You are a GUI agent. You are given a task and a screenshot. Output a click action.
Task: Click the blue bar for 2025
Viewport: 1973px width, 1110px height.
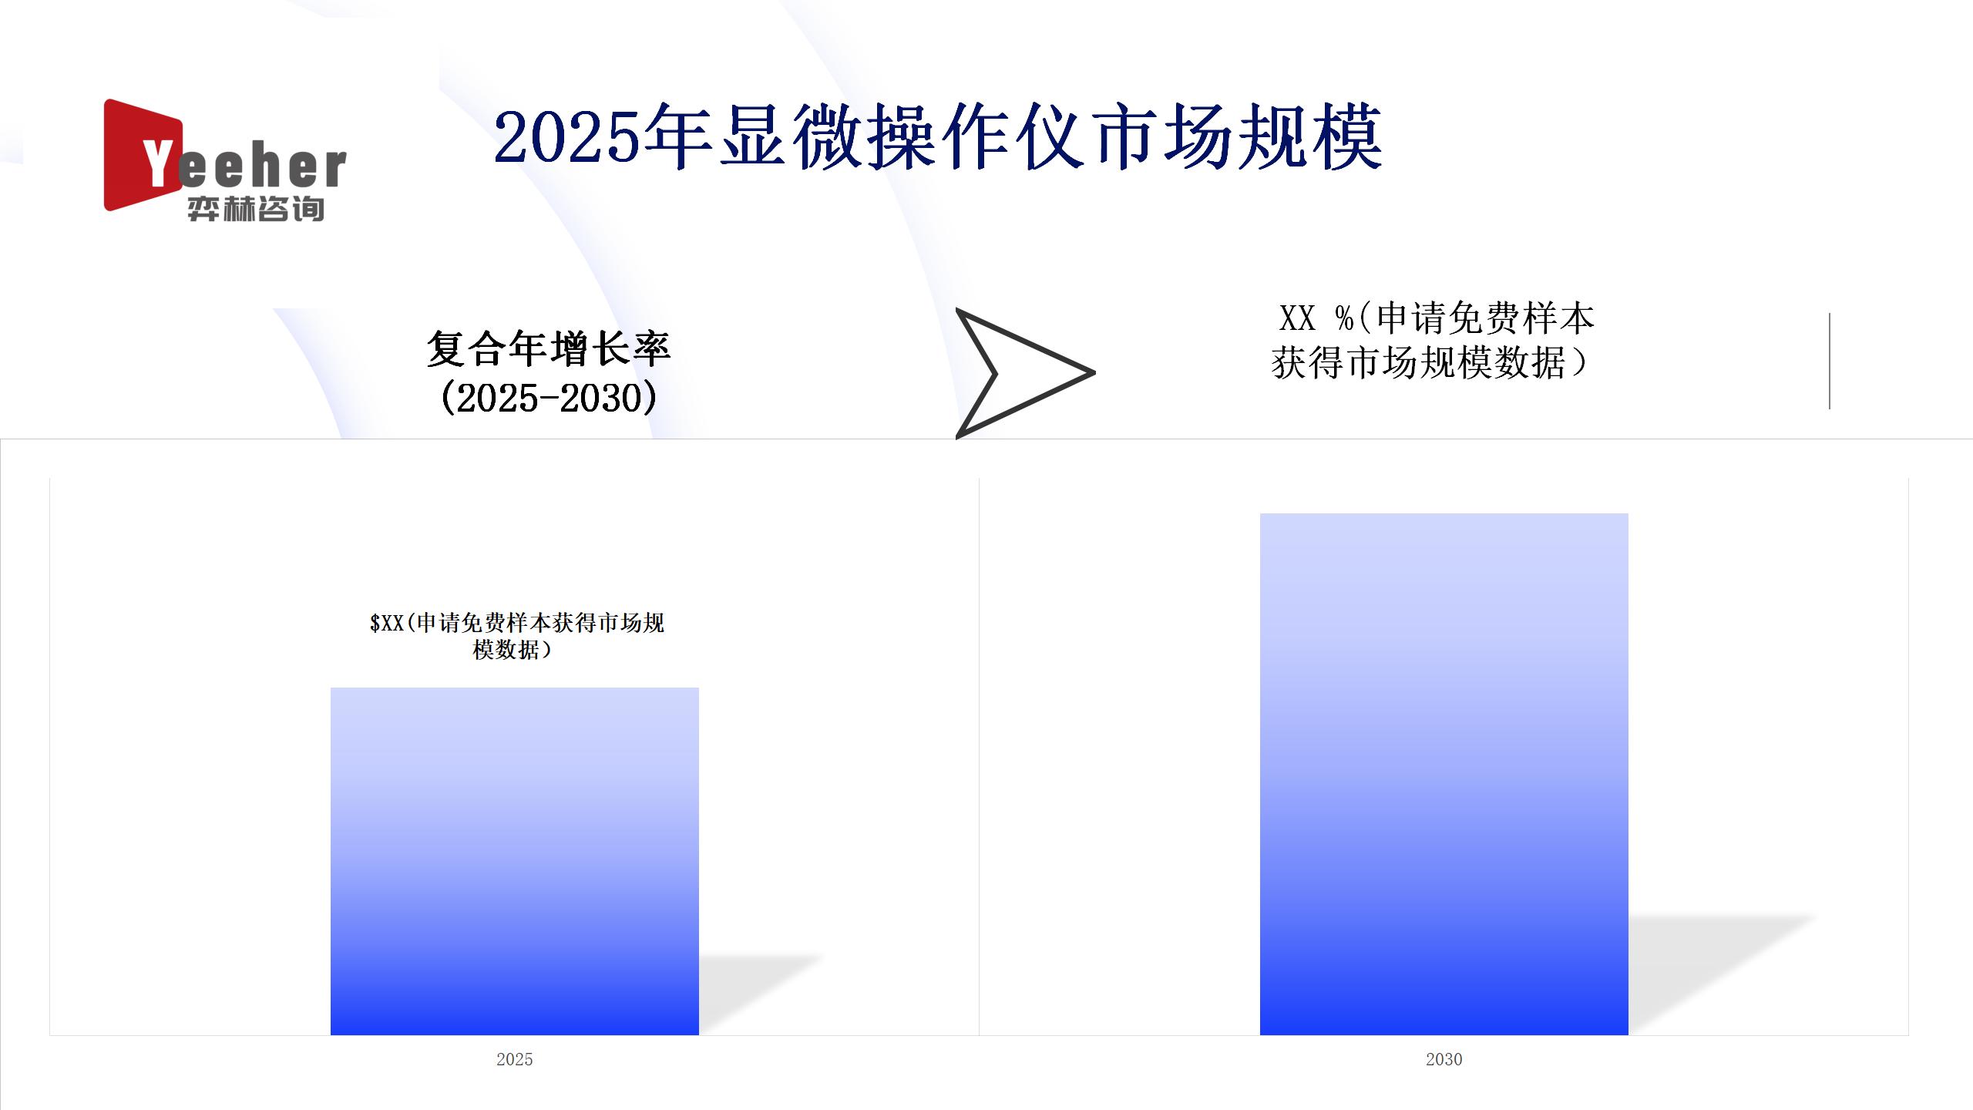[x=515, y=861]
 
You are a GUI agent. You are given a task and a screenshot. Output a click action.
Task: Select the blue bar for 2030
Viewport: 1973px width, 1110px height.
[x=1444, y=774]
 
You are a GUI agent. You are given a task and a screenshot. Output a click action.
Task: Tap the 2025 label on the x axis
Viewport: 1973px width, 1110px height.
[x=515, y=1059]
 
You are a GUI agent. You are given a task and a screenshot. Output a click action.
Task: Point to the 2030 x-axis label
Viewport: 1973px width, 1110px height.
[x=1444, y=1059]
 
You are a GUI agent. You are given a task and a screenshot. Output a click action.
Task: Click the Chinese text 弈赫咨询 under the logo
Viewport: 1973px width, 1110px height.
[x=256, y=209]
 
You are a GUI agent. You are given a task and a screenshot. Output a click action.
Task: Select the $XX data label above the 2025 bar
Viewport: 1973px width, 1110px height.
[x=516, y=636]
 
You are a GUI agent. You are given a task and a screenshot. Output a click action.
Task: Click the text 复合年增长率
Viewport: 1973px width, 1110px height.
[x=549, y=349]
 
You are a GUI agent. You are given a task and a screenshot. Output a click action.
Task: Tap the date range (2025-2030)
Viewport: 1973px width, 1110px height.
[x=549, y=398]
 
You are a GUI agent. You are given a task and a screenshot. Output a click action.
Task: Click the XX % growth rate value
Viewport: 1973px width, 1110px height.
[x=1316, y=318]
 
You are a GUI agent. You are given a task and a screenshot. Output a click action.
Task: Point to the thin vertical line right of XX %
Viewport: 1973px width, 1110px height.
[x=1829, y=361]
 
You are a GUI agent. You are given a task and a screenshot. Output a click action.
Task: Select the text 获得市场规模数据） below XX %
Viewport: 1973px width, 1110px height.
[x=1430, y=362]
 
